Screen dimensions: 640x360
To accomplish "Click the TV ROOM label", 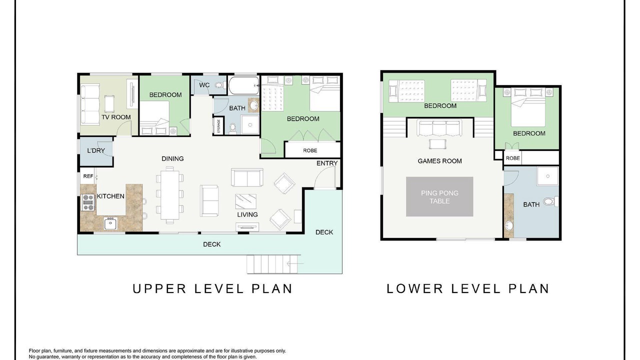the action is point(116,117).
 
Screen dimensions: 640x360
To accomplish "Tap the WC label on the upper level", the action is point(204,85).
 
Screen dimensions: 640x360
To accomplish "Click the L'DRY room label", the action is point(96,150).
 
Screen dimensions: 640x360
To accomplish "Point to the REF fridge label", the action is point(88,176).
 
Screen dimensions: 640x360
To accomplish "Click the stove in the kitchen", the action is point(88,202).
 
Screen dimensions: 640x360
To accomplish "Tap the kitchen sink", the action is point(110,223).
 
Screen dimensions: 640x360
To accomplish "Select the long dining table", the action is point(169,195).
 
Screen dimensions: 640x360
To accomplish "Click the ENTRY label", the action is point(327,163).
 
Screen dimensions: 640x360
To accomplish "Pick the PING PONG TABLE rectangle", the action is point(439,197).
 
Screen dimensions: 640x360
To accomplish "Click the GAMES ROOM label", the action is point(439,161).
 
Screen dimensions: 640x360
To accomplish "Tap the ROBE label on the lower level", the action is point(513,158).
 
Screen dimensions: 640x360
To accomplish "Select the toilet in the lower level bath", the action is point(550,201).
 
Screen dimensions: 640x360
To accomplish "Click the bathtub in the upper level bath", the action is point(243,85).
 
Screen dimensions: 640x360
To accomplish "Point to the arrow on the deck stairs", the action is point(295,263).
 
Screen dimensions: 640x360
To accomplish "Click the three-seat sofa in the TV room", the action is point(90,104).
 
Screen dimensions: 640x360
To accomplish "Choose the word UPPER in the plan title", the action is point(159,288).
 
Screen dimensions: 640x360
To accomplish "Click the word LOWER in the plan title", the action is point(414,288).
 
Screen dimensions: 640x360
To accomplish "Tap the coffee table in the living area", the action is point(245,201).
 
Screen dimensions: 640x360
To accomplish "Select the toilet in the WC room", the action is point(219,85).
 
